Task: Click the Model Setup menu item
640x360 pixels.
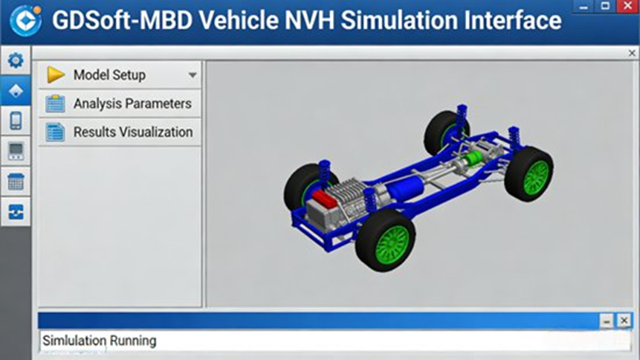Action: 120,75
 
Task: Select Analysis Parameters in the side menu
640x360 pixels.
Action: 120,104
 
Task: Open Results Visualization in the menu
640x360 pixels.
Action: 120,132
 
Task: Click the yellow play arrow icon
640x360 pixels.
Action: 56,75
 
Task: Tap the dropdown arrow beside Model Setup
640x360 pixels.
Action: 193,75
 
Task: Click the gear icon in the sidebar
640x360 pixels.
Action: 16,60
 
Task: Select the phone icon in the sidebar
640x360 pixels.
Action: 16,121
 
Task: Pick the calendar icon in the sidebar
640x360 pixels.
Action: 16,181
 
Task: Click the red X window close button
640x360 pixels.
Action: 628,6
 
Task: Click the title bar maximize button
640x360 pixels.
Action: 605,6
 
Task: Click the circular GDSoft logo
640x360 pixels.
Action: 25,20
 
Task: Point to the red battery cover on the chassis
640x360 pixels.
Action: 324,199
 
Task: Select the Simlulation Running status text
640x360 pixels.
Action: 99,341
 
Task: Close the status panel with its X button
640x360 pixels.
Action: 624,321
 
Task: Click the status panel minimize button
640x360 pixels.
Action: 607,321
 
